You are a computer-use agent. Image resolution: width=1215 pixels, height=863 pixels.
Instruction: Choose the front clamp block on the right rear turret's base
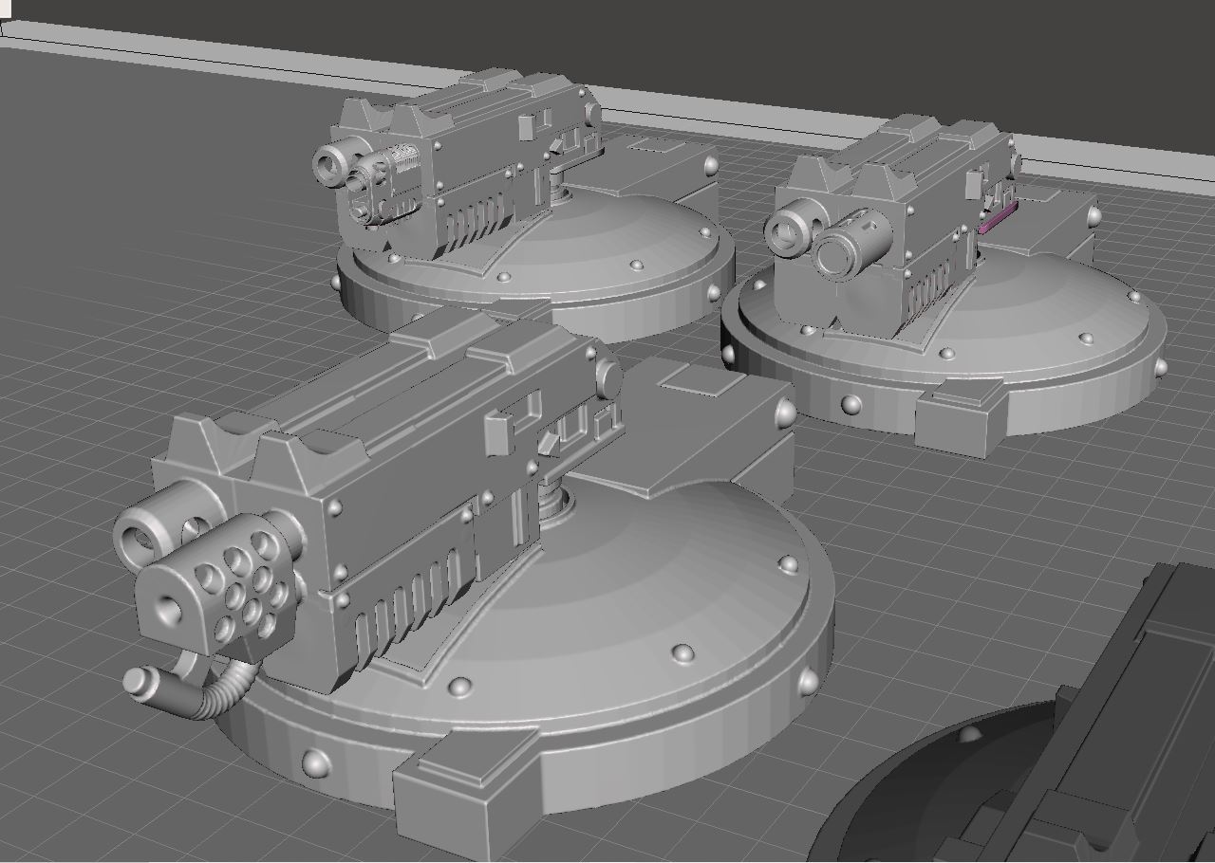959,417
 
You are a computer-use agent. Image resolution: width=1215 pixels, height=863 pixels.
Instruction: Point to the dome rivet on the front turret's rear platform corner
785,413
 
